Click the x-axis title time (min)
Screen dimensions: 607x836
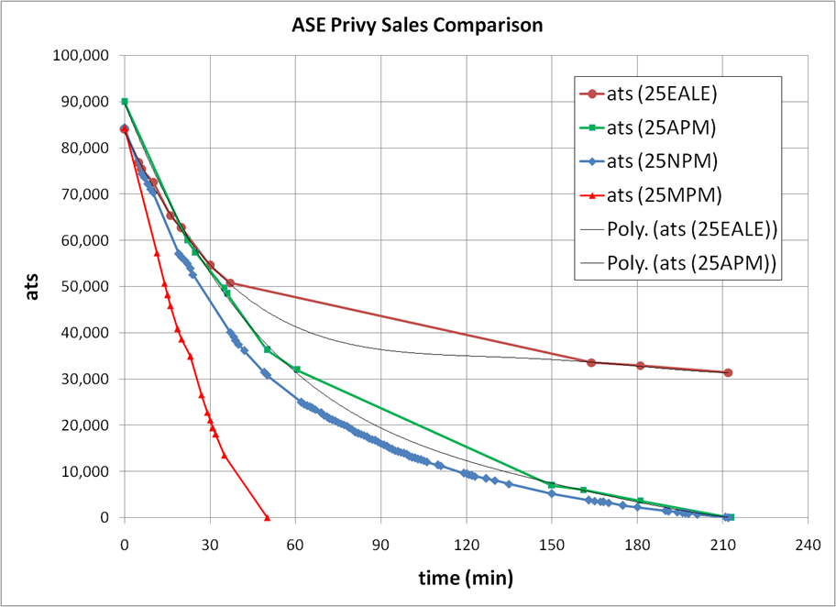tap(465, 578)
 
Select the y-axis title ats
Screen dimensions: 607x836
tap(31, 286)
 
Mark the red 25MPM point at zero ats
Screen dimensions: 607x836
tap(267, 517)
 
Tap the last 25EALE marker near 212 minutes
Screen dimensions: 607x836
tap(728, 372)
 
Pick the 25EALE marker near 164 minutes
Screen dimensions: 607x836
tap(591, 362)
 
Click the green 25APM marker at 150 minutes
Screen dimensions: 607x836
tap(551, 484)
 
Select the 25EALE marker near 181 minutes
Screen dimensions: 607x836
tap(641, 366)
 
